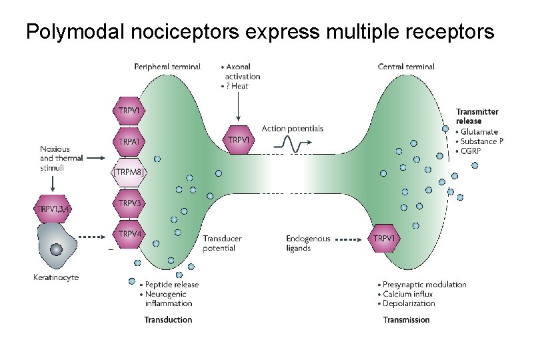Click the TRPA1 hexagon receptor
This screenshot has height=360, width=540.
[x=129, y=142]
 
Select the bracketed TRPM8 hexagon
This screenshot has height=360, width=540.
[x=129, y=172]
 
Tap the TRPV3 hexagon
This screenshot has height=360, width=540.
[x=129, y=203]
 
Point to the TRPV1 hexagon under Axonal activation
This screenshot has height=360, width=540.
[x=239, y=140]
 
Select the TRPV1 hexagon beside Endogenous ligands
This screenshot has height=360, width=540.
[x=385, y=238]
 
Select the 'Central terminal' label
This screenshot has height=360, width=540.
[x=406, y=67]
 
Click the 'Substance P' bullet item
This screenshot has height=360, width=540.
[x=482, y=141]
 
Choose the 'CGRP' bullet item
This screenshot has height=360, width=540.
[x=472, y=150]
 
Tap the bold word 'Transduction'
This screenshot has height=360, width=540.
[x=168, y=320]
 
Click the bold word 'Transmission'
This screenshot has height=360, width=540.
[x=406, y=320]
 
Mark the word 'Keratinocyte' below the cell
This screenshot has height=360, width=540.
[x=56, y=277]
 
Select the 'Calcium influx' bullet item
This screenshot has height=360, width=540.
[x=407, y=294]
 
